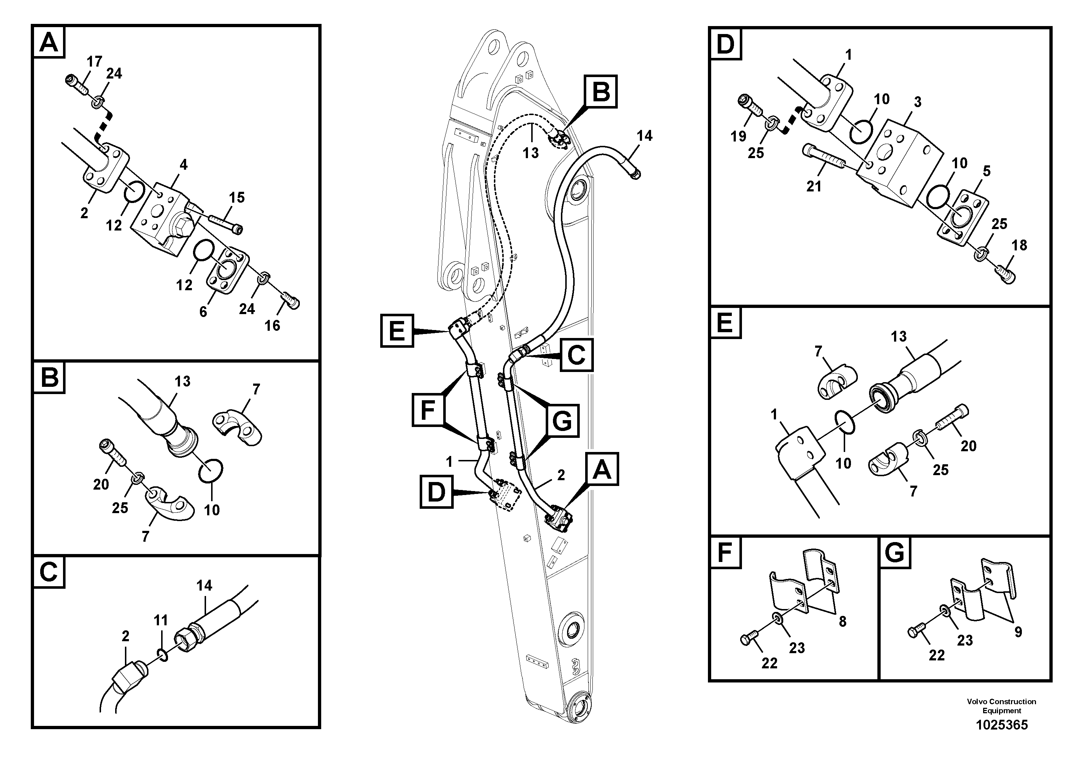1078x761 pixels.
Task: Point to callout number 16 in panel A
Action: (272, 326)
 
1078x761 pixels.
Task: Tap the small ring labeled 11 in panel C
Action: (162, 655)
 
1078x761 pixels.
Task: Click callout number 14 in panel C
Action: (204, 585)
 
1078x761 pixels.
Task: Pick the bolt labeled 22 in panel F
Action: (749, 639)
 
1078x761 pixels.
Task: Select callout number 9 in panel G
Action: (1018, 632)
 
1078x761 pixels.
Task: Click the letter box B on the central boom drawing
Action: (600, 91)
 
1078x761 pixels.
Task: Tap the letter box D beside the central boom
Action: (436, 492)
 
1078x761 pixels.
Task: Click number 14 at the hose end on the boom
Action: (644, 136)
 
